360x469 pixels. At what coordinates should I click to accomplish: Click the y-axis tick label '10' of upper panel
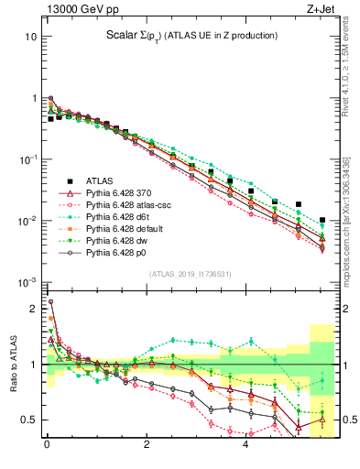tap(30, 38)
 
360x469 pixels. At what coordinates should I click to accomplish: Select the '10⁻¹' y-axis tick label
tap(27, 159)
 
